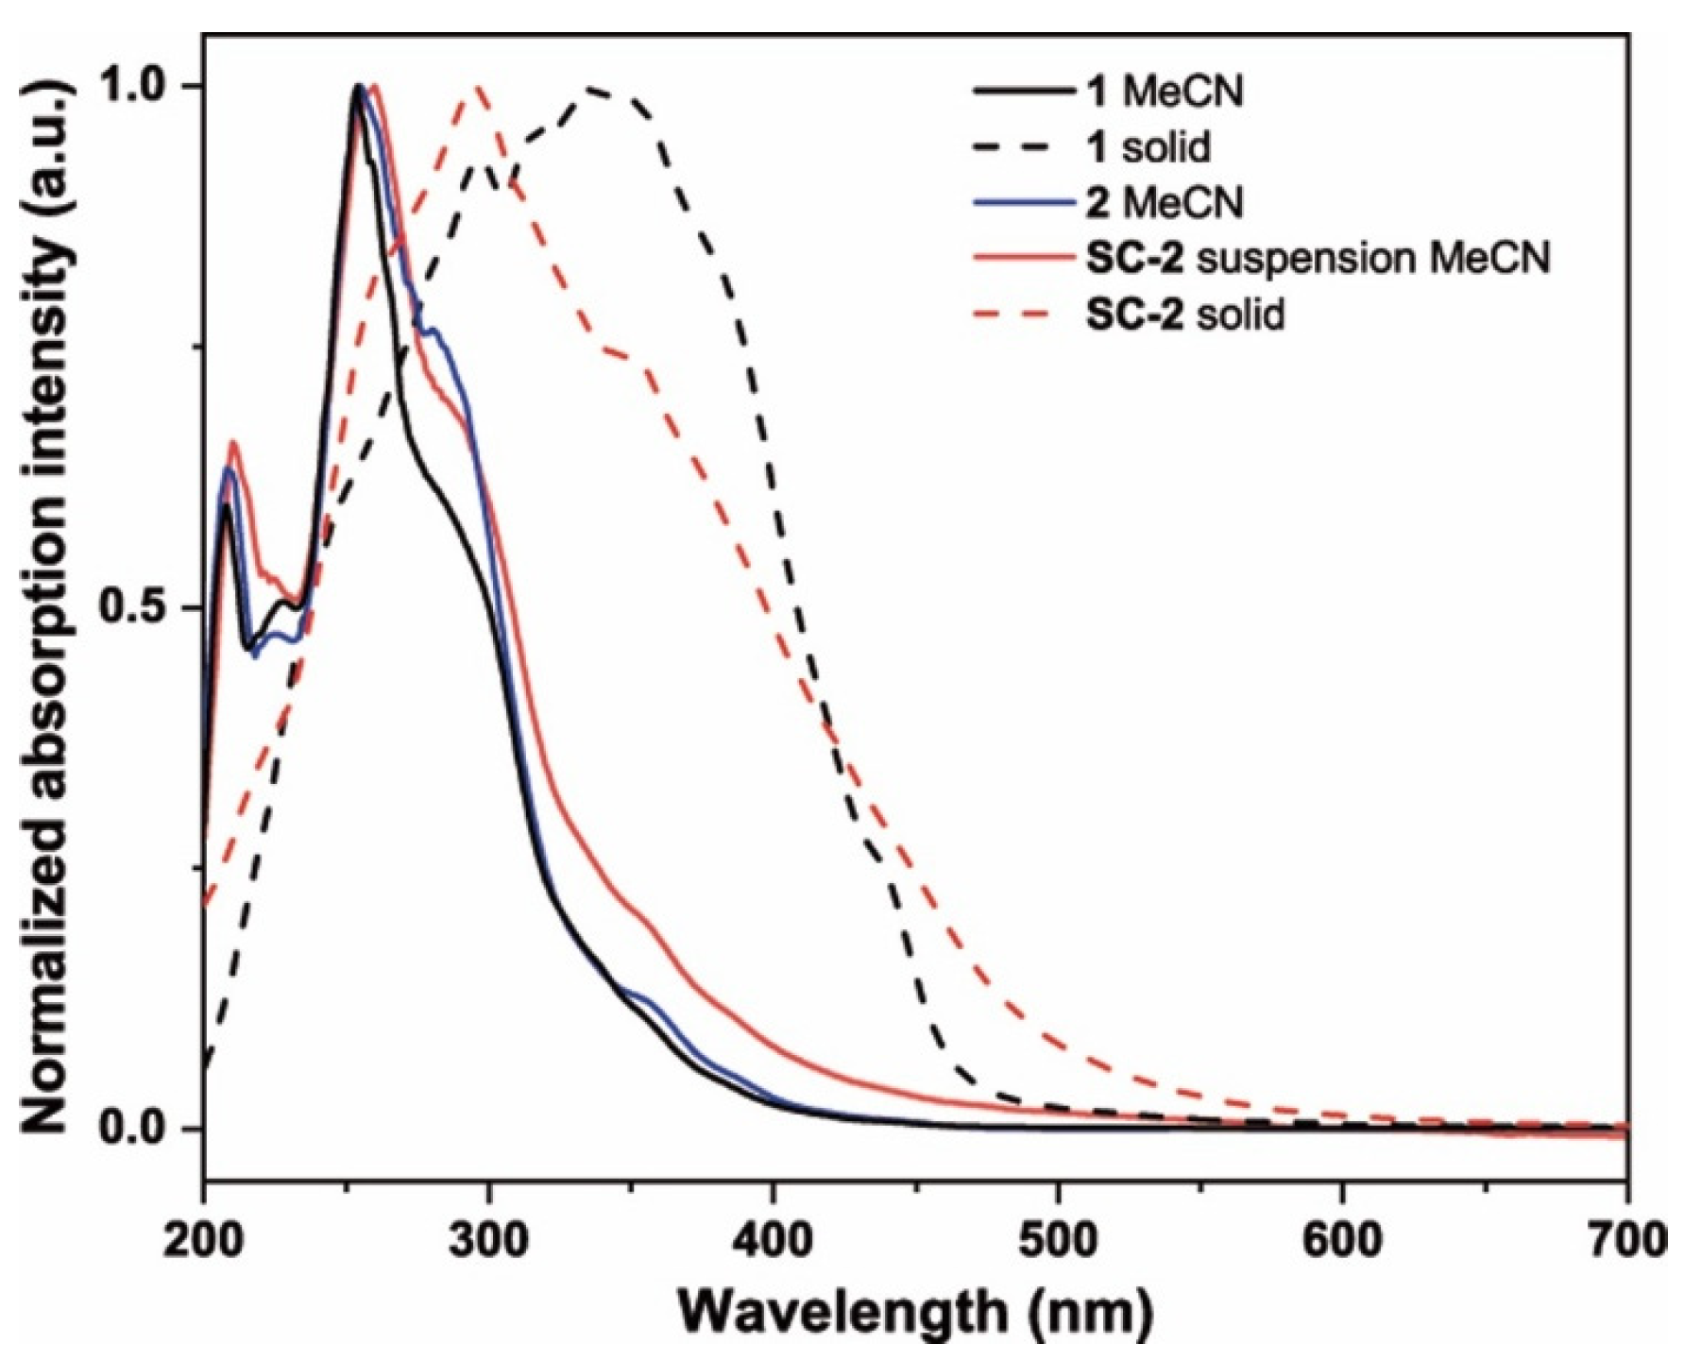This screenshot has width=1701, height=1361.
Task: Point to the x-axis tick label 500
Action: click(x=1057, y=1239)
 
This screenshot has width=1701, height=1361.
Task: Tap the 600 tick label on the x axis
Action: click(x=1342, y=1239)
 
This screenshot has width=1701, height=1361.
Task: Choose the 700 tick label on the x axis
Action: click(x=1626, y=1239)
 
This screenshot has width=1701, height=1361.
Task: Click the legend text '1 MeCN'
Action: click(x=1165, y=92)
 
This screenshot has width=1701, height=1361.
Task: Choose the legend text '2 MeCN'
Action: click(x=1165, y=202)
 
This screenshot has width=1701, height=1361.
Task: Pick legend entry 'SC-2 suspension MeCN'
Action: click(x=1318, y=257)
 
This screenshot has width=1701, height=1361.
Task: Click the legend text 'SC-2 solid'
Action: click(x=1185, y=313)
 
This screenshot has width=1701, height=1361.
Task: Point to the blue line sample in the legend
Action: click(x=1025, y=202)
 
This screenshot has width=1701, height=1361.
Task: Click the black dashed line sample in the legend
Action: click(x=1025, y=147)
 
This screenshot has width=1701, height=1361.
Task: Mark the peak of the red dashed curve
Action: click(x=478, y=87)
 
